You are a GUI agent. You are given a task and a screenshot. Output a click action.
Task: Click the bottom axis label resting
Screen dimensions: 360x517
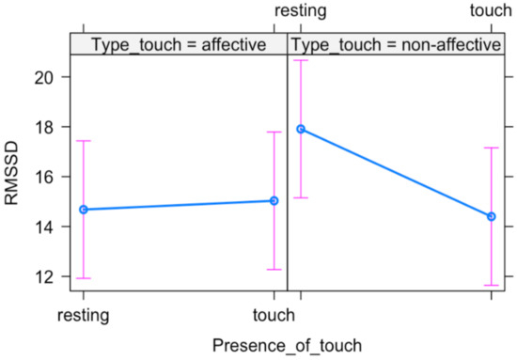point(84,316)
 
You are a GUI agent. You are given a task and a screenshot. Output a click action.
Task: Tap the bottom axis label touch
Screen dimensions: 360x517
point(274,316)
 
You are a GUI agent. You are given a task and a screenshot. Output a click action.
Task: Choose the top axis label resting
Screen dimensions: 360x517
point(300,11)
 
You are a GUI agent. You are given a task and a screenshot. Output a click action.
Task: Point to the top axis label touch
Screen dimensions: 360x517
point(491,11)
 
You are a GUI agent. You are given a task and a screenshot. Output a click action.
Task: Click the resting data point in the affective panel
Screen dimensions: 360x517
point(84,210)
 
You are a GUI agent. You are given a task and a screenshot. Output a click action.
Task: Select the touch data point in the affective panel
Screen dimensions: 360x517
point(274,200)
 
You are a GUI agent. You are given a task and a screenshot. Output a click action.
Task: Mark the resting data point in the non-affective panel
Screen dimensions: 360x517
point(301,129)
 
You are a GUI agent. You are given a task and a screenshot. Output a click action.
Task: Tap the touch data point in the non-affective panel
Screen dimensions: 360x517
point(491,216)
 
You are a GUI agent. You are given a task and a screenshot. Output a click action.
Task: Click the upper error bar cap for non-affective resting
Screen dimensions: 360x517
point(301,60)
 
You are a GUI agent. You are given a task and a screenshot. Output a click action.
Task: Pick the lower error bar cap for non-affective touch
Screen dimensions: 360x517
point(491,285)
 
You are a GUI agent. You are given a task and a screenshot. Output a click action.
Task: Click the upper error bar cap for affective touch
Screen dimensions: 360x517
point(274,132)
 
